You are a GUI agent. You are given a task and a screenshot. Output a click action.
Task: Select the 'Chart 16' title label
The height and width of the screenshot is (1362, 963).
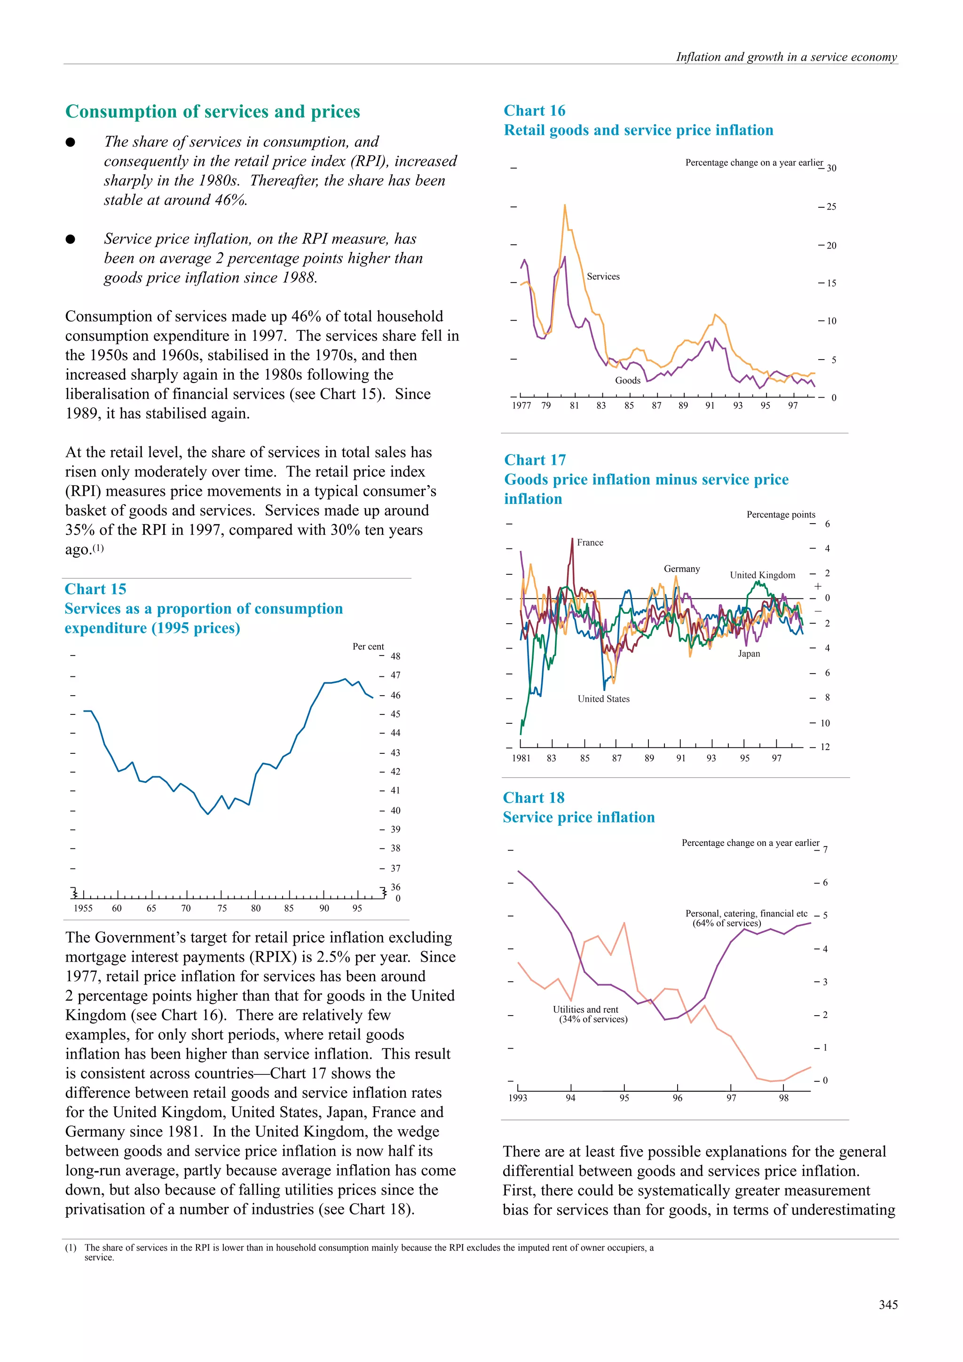point(534,111)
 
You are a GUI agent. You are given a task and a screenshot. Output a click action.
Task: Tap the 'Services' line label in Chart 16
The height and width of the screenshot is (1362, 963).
point(603,276)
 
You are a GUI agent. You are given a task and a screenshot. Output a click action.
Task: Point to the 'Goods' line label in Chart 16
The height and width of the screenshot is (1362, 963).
point(627,380)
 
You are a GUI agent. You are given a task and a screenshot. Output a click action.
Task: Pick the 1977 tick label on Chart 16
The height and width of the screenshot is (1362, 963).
point(521,406)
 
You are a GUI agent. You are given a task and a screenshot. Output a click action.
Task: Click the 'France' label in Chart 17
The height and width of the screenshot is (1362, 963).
point(590,543)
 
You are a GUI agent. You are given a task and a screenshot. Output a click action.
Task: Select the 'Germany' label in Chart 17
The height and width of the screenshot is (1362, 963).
point(682,569)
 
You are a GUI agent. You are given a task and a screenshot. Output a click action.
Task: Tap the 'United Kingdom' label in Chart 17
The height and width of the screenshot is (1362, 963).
point(762,575)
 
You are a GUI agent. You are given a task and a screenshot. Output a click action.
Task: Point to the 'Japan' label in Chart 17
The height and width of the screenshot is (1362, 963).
point(749,654)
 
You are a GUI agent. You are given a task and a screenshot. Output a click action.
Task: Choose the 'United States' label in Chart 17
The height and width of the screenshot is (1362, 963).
point(603,699)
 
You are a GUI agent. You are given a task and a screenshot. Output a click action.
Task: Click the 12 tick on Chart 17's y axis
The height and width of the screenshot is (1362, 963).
point(825,747)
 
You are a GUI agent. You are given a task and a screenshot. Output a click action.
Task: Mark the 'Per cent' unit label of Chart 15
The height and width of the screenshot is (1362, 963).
point(368,647)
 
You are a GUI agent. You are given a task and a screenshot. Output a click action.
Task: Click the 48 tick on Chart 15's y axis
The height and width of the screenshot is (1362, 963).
point(395,656)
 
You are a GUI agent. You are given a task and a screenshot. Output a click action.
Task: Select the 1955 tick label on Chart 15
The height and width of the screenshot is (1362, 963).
point(83,908)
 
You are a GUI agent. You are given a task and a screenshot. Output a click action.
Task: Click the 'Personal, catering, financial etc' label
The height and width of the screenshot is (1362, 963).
point(746,914)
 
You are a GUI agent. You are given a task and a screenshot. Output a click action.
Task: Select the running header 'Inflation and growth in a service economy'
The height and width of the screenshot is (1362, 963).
point(786,57)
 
